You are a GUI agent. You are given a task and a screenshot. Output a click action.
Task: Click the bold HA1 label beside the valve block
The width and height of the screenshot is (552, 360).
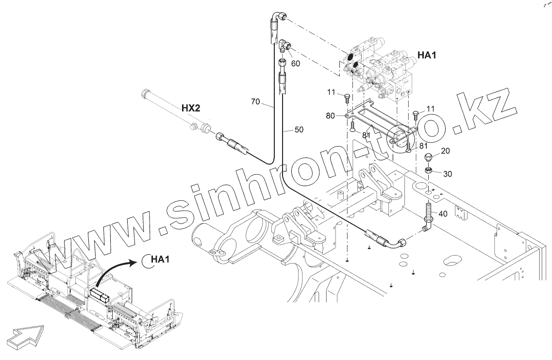[427, 55]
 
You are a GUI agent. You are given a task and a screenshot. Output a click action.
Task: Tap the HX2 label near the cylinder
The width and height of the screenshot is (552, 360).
[191, 108]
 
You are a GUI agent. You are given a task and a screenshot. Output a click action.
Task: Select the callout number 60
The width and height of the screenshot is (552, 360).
[295, 63]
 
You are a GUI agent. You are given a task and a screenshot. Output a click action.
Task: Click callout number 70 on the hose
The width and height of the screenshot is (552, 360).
[255, 102]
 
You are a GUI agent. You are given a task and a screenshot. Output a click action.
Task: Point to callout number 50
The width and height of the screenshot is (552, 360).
[299, 130]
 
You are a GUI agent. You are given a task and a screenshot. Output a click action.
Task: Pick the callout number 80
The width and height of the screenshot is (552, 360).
[330, 115]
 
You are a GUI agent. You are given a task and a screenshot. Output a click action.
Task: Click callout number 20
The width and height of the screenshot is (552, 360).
[445, 151]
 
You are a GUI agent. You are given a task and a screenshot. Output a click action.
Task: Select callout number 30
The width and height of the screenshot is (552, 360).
[448, 173]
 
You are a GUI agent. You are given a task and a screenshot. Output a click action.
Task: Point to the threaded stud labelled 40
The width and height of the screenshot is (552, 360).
[428, 212]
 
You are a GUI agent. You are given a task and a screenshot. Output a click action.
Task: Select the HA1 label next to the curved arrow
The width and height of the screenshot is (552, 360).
[160, 260]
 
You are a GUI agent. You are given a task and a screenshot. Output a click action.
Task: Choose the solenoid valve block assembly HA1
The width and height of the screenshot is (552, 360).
[381, 75]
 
